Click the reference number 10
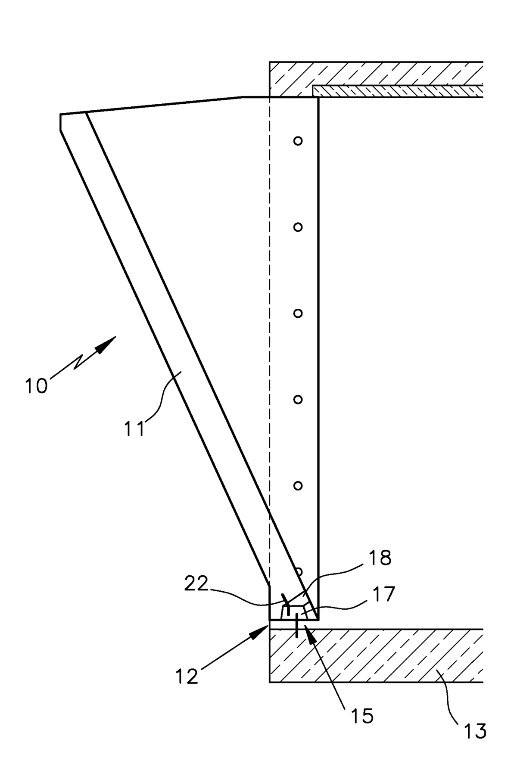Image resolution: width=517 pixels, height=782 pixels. coord(36,385)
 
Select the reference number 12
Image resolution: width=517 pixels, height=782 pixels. coord(187,676)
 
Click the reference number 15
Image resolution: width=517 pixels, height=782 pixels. coord(362,716)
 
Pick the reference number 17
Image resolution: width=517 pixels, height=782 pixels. coord(383,594)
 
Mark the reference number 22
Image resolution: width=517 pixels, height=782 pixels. coord(196,583)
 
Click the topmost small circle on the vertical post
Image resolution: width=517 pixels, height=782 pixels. coord(298,141)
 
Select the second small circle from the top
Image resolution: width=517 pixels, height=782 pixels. coord(298,227)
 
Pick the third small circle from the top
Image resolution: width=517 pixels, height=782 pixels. coord(298,313)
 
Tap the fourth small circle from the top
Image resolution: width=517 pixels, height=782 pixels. coord(298,399)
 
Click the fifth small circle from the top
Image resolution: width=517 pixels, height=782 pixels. coord(298,485)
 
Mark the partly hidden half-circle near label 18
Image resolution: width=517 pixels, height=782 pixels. coord(299,569)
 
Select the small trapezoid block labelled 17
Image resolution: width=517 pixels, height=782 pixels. coord(296,611)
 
